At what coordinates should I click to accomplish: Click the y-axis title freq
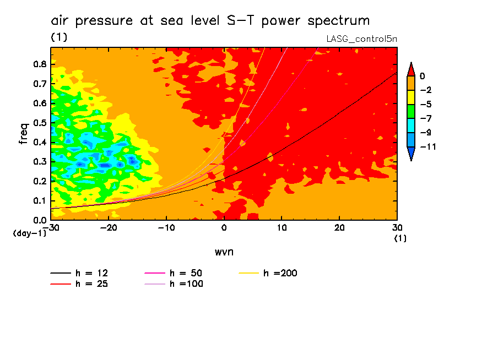(24, 133)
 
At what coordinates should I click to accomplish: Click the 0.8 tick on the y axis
(40, 64)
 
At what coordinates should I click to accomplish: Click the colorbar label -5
(425, 104)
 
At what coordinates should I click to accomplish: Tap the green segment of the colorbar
(410, 111)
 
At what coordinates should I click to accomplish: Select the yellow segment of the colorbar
(410, 97)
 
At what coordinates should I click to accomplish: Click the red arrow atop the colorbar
(410, 69)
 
